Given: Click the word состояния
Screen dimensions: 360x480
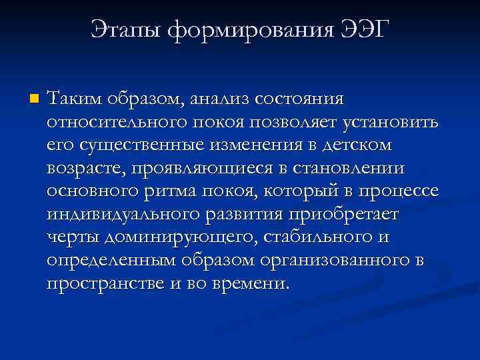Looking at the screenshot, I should [303, 99].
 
